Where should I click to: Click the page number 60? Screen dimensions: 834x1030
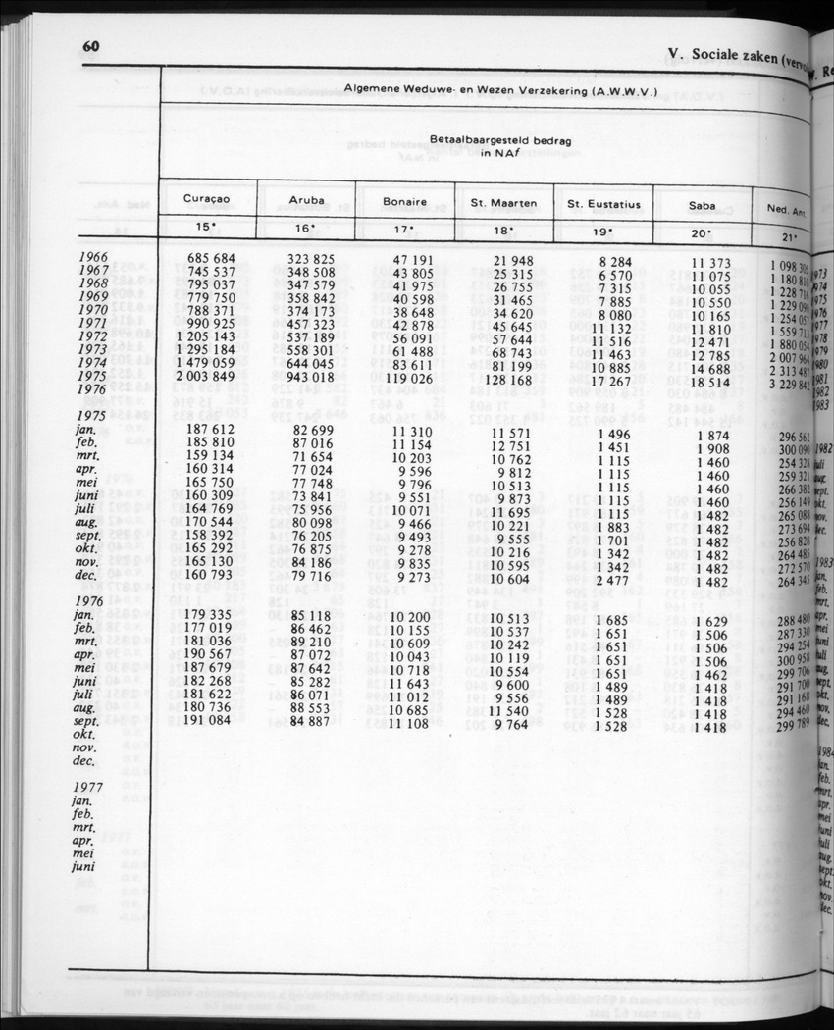[92, 47]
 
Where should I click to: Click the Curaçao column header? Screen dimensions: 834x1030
[206, 198]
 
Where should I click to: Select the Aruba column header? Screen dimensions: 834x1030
[307, 200]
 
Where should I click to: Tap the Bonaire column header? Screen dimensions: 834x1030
[404, 202]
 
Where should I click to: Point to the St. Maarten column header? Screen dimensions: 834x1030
[503, 203]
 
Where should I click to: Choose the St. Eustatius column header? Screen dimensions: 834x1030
[603, 205]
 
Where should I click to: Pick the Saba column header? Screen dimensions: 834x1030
[702, 206]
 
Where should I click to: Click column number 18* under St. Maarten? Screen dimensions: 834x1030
[503, 232]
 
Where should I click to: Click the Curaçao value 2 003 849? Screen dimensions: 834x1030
[205, 376]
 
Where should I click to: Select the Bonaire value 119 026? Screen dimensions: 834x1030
[404, 378]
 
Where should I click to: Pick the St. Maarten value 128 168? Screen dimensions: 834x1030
[503, 379]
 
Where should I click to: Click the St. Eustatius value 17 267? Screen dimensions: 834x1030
[602, 379]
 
